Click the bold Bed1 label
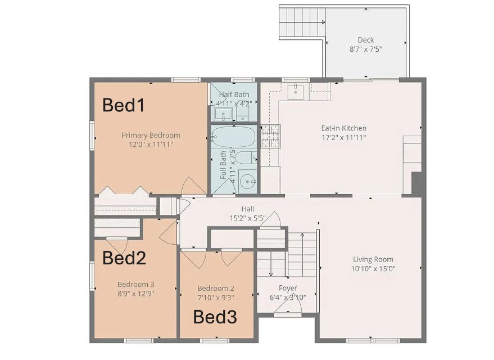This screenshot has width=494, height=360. click(x=123, y=105)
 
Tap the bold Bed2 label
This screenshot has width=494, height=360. click(x=124, y=258)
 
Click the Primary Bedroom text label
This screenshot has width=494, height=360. click(x=151, y=135)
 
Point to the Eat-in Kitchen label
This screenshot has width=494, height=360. click(x=343, y=128)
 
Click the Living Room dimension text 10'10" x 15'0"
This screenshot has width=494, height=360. click(x=374, y=269)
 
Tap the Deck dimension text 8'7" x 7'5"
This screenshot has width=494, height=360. click(x=365, y=49)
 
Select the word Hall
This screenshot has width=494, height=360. click(x=247, y=209)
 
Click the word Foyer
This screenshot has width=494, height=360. click(x=288, y=288)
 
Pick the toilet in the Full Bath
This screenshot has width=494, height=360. click(x=246, y=157)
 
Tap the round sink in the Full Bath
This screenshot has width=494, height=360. click(x=247, y=181)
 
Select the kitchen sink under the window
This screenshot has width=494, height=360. click(x=295, y=91)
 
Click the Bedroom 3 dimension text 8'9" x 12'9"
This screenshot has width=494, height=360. click(x=135, y=292)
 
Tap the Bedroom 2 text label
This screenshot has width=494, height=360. click(x=216, y=288)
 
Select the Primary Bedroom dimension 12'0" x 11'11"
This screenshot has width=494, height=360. click(x=151, y=145)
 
